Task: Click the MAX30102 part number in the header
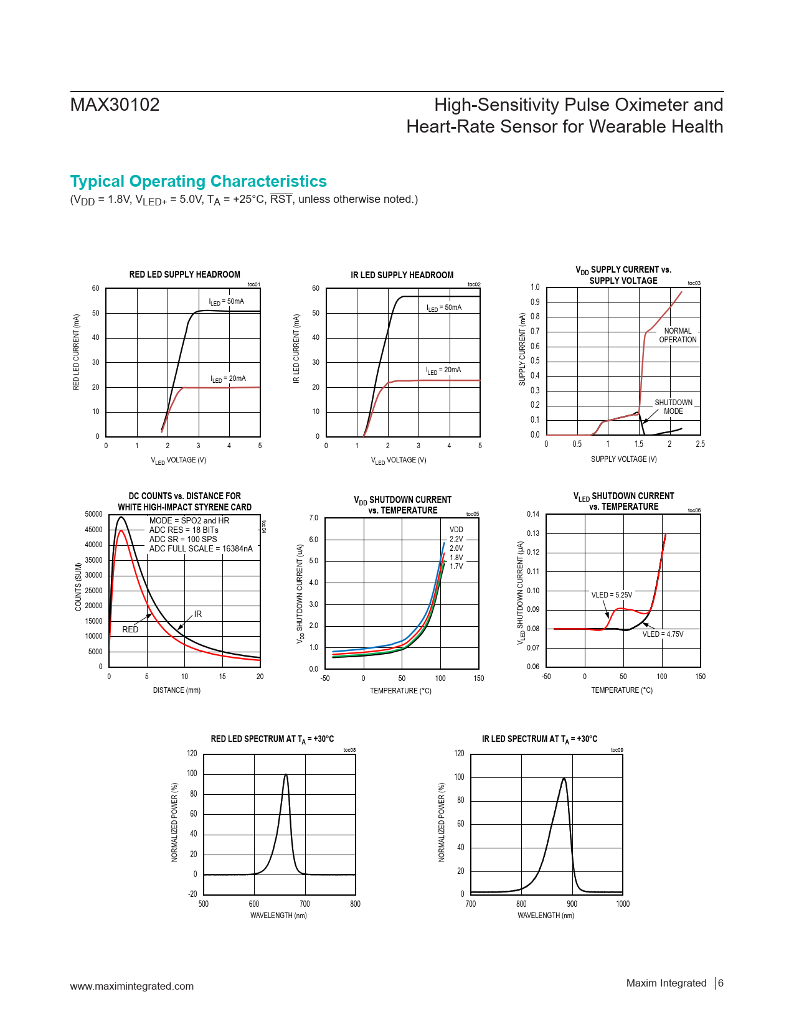(115, 105)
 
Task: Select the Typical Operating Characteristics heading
(198, 181)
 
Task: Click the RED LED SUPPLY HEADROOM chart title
(184, 274)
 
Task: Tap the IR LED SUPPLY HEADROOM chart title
(402, 275)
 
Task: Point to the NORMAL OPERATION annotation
(678, 335)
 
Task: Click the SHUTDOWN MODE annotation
(673, 407)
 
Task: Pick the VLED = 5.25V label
(612, 595)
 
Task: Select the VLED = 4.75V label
(663, 634)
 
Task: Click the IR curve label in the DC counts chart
(198, 614)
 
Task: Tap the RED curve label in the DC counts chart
(130, 630)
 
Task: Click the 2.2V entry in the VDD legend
(456, 539)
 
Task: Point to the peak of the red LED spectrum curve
(286, 775)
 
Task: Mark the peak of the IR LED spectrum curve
(564, 778)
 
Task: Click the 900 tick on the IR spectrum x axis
(572, 904)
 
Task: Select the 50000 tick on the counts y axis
(93, 514)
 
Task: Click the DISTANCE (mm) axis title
(177, 690)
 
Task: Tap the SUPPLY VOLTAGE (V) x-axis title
(623, 459)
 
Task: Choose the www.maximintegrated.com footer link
(132, 986)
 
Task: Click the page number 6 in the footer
(721, 983)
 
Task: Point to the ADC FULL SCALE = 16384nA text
(201, 549)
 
